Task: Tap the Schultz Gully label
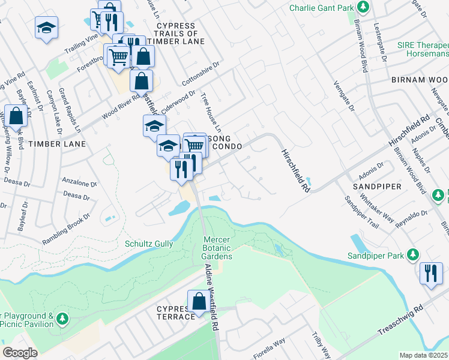point(149,244)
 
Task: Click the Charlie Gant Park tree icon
point(363,8)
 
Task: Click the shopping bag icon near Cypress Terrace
point(199,303)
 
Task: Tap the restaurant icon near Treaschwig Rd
point(431,273)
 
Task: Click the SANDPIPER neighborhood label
point(377,187)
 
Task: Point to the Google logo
point(20,353)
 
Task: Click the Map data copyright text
point(424,355)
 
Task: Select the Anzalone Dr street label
point(79,184)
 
